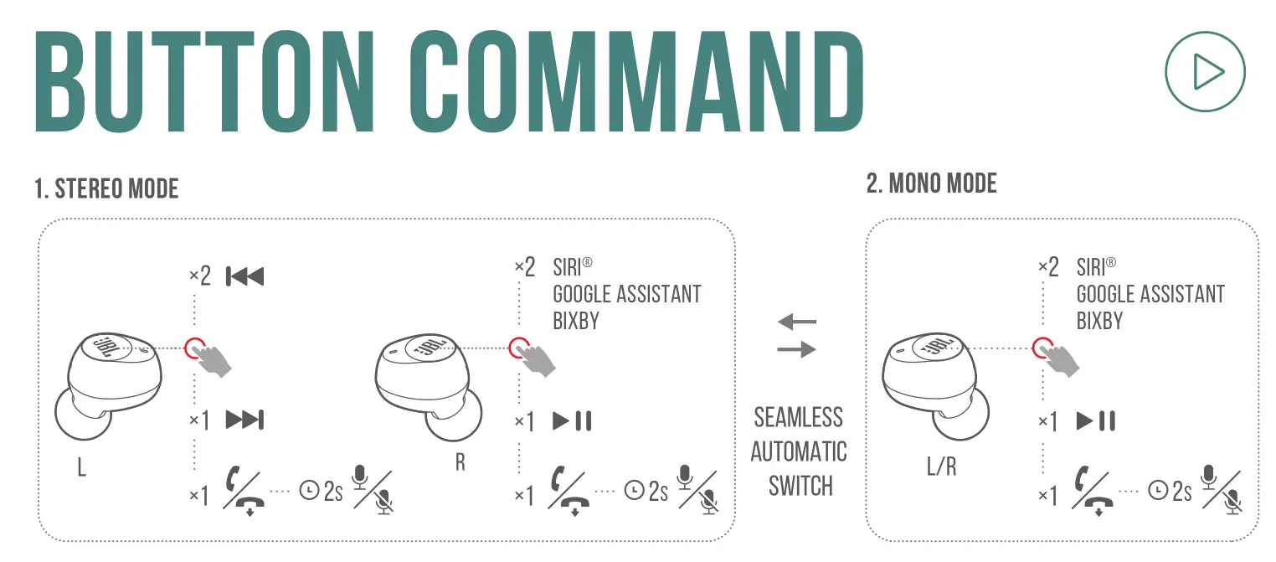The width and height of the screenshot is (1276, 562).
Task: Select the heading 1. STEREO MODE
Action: (106, 189)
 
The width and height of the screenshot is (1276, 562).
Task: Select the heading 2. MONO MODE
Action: (931, 183)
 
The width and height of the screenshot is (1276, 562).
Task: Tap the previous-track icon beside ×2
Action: (244, 276)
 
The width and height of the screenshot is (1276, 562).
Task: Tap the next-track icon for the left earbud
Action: (244, 420)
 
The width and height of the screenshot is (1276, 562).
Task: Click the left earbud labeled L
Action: (109, 381)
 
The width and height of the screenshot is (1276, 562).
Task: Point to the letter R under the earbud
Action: (460, 462)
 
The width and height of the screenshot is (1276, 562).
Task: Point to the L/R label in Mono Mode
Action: (941, 467)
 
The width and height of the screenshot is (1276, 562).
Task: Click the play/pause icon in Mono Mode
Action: (1096, 420)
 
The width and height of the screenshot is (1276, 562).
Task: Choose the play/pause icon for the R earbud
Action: (573, 420)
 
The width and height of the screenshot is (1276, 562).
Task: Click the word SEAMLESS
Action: (798, 417)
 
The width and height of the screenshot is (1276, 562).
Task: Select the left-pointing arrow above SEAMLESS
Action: (796, 321)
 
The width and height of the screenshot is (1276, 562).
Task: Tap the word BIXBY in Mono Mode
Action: (1099, 321)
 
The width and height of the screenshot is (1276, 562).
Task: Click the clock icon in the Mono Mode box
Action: (1158, 489)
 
